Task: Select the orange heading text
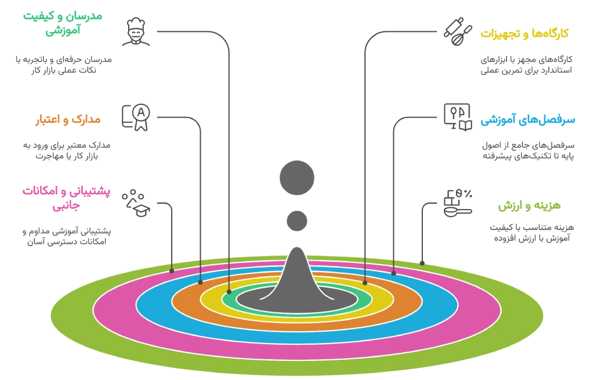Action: [x=67, y=120]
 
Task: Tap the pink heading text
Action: [x=64, y=197]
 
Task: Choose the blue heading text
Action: [x=527, y=120]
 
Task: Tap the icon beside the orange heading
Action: [x=136, y=117]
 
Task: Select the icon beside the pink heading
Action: [x=136, y=202]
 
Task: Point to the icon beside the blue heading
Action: [x=457, y=116]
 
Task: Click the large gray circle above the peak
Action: [x=297, y=177]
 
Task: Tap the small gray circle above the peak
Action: [x=297, y=221]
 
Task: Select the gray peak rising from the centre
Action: [x=297, y=278]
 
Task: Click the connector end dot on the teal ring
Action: [x=229, y=292]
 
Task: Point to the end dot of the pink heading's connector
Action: [x=172, y=271]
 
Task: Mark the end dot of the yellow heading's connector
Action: [x=365, y=283]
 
